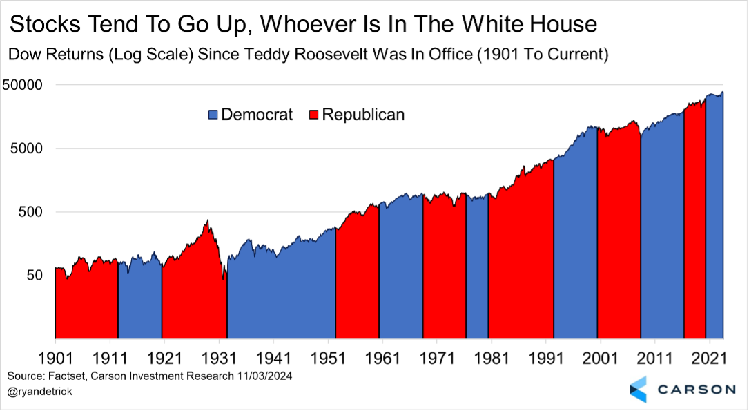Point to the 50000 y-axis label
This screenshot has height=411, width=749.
click(24, 86)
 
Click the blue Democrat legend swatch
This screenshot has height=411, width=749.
click(212, 115)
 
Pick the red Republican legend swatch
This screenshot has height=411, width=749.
click(313, 115)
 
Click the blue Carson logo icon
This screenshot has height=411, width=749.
click(639, 389)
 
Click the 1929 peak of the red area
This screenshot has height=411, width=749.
click(206, 221)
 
